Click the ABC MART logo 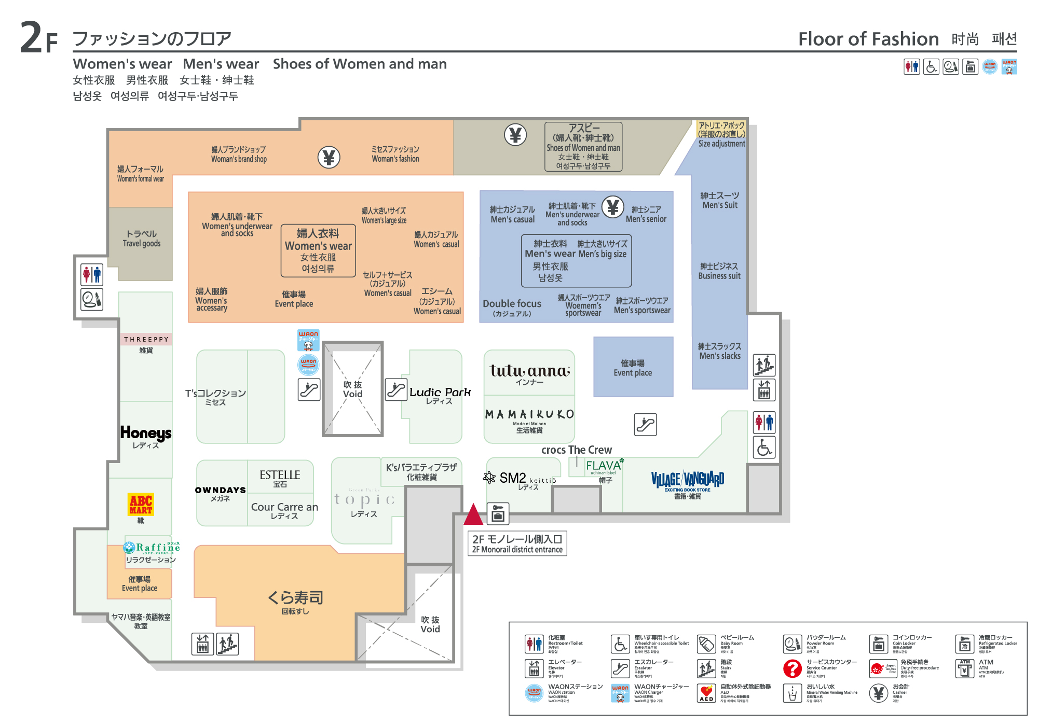tap(141, 504)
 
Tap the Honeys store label tap(146, 433)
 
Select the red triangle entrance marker tap(473, 514)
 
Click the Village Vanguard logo tap(688, 479)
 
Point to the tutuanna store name tap(529, 371)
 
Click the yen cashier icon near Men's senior tap(612, 207)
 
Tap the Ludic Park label tap(440, 393)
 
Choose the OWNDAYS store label tap(221, 490)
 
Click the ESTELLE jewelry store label tap(280, 475)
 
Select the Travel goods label tap(141, 239)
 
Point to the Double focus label tap(512, 304)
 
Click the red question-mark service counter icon tap(792, 668)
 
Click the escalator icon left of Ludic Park tap(396, 389)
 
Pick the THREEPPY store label tap(146, 339)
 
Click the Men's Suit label tap(720, 200)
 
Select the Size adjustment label tap(721, 144)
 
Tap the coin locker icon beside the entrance tap(498, 514)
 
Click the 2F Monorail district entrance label tap(517, 544)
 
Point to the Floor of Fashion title tap(868, 39)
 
